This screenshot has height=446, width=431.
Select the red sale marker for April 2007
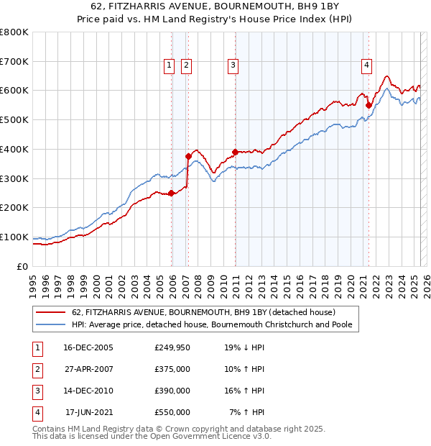pyautogui.click(x=188, y=156)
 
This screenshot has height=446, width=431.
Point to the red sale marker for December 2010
pyautogui.click(x=235, y=152)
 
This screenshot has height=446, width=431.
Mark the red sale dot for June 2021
pyautogui.click(x=369, y=105)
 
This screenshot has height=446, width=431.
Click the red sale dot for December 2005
pyautogui.click(x=172, y=193)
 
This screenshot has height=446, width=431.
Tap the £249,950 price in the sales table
pyautogui.click(x=172, y=347)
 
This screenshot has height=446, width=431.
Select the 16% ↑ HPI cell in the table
pyautogui.click(x=244, y=391)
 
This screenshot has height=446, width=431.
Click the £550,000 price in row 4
pyautogui.click(x=172, y=412)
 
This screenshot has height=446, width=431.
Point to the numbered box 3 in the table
pyautogui.click(x=36, y=391)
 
